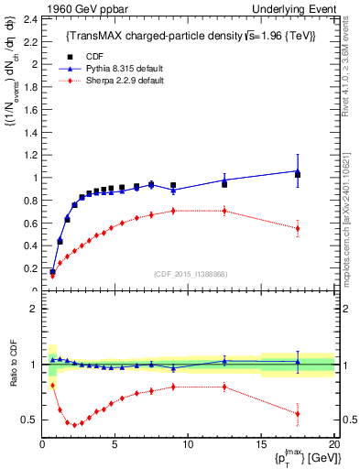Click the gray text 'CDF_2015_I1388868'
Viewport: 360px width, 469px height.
[191, 274]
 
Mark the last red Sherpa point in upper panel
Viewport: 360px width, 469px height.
[297, 228]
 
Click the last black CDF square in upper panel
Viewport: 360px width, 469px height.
[297, 175]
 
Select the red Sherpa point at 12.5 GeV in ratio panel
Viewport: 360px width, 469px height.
[224, 387]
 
